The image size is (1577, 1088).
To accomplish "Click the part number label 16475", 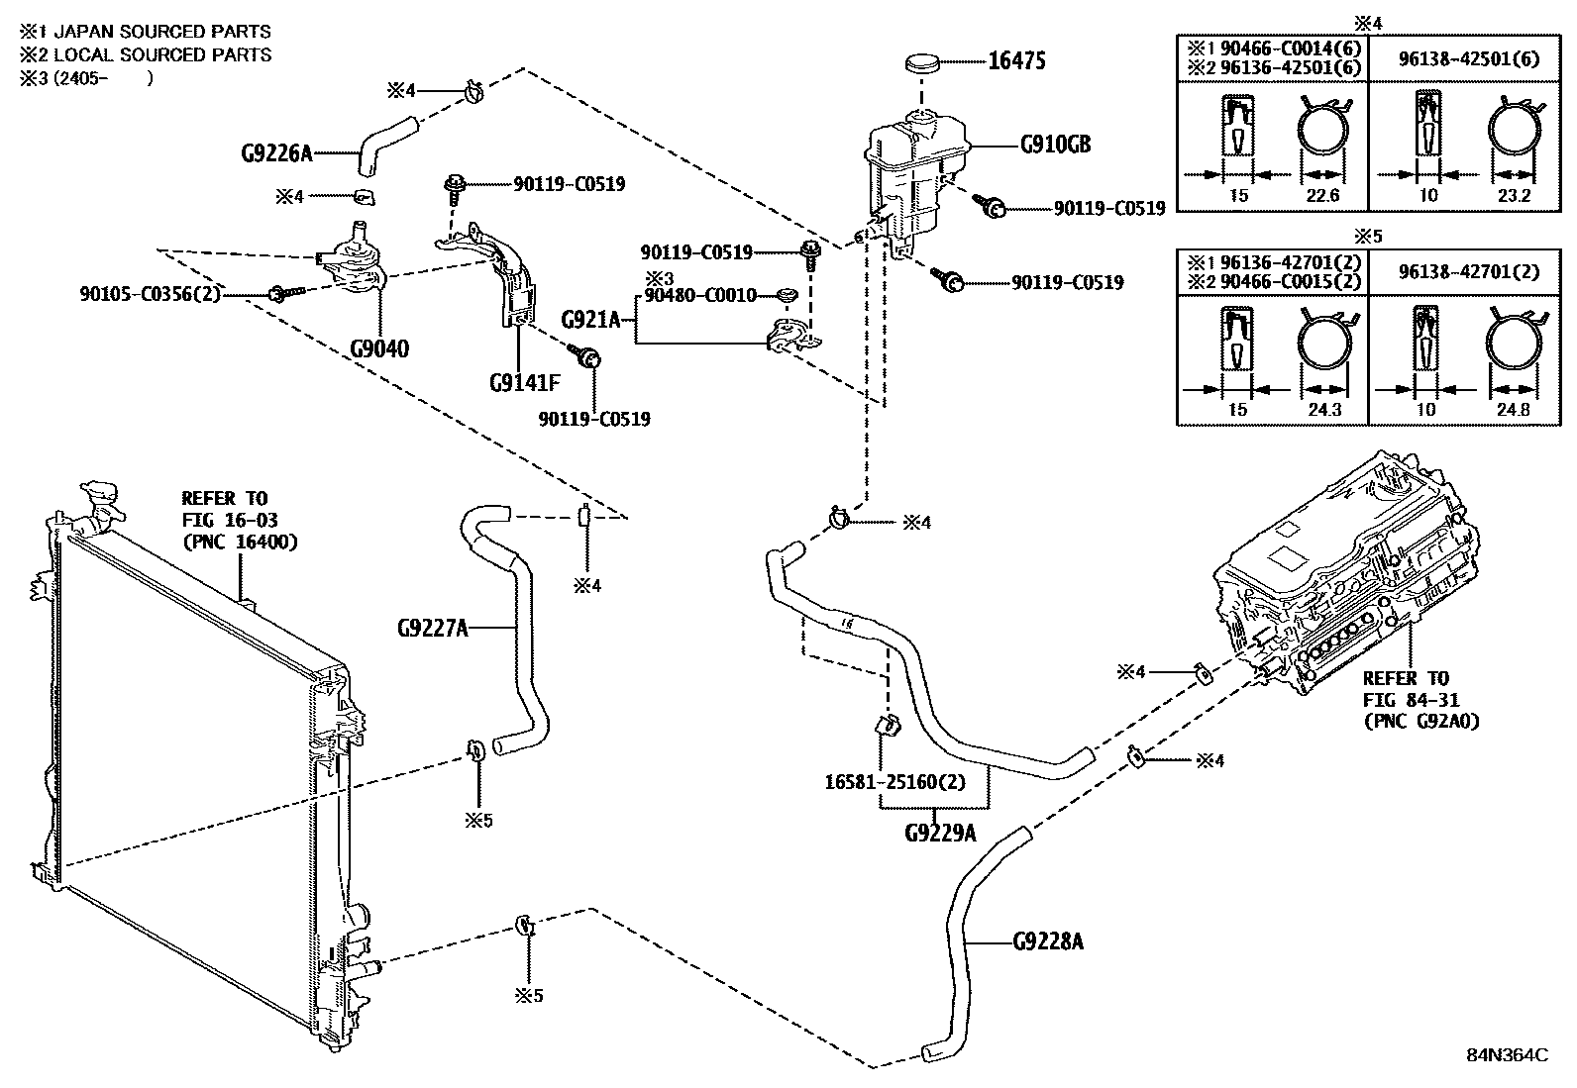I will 1017,60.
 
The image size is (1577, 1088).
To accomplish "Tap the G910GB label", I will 1056,145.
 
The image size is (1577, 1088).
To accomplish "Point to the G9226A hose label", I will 276,153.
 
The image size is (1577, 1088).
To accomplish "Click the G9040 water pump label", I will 379,348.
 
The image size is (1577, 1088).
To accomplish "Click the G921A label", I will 590,319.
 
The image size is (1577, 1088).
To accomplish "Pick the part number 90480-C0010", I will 700,295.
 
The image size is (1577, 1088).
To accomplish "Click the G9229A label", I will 940,833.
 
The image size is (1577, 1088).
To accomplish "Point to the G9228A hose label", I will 1049,940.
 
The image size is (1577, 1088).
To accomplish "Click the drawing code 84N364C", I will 1508,1055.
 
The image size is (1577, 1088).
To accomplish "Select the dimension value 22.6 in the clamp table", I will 1322,196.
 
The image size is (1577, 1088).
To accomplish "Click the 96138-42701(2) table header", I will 1469,272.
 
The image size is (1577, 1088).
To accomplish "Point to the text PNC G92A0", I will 1420,722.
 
